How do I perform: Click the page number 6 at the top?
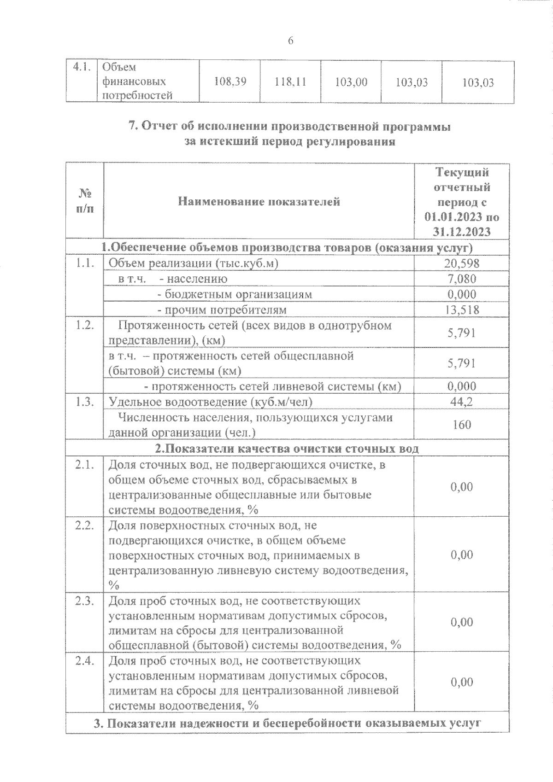[290, 41]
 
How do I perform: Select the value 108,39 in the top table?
[230, 82]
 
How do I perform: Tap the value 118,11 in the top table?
[290, 82]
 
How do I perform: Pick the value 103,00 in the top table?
[351, 82]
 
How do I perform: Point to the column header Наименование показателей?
[259, 201]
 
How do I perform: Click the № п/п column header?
[85, 201]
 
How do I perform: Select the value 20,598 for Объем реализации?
[462, 263]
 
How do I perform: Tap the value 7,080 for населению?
[462, 279]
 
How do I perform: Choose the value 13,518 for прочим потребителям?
[462, 309]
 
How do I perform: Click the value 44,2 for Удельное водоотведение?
[462, 402]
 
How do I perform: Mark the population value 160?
[462, 424]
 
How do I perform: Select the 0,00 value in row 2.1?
[462, 487]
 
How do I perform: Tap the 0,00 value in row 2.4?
[462, 682]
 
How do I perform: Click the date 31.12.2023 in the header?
[462, 231]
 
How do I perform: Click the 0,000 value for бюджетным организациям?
[462, 294]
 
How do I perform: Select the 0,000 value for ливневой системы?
[462, 386]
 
